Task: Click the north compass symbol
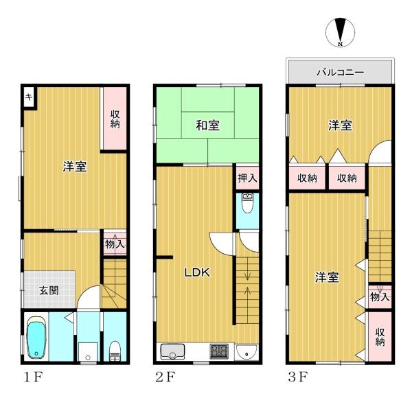[341, 32]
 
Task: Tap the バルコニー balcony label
[341, 72]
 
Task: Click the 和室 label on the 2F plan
[208, 125]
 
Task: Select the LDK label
[197, 272]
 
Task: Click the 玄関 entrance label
[49, 290]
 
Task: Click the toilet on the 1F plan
[115, 351]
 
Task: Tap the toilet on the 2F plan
[247, 202]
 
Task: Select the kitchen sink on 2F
[172, 352]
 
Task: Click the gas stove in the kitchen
[219, 351]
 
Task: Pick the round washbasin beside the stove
[247, 351]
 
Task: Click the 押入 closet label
[247, 178]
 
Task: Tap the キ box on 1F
[29, 97]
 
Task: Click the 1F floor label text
[33, 377]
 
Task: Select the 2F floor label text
[165, 377]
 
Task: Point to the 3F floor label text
[298, 377]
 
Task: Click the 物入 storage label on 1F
[115, 244]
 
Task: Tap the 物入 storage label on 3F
[380, 297]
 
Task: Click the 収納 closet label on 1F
[115, 119]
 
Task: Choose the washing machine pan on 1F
[88, 351]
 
